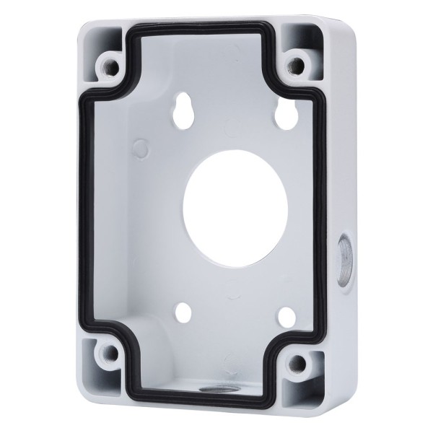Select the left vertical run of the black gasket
pyautogui.click(x=80, y=209)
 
